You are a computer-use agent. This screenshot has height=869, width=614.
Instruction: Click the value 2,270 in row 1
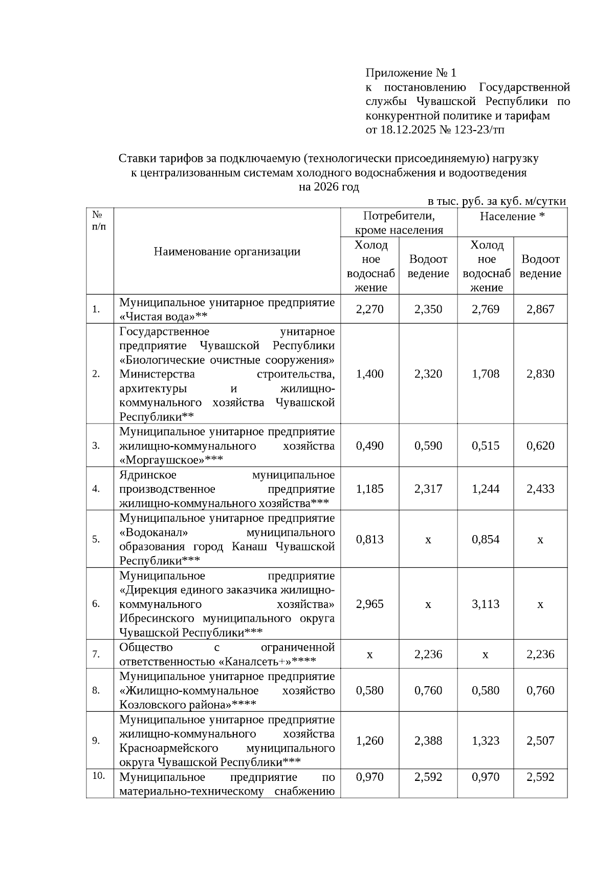(x=369, y=309)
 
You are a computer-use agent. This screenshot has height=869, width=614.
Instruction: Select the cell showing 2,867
(x=540, y=309)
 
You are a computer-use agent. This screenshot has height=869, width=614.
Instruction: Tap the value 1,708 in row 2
(x=486, y=373)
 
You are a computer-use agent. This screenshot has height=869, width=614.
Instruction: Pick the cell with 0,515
(x=486, y=445)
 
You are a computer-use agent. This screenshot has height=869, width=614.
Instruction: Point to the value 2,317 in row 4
(x=428, y=488)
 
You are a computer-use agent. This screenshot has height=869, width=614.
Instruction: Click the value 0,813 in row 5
(x=369, y=539)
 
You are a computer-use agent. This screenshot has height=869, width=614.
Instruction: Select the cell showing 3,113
(x=486, y=603)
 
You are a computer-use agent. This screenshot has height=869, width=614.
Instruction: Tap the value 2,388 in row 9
(x=428, y=740)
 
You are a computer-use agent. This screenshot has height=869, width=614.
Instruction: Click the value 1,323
(x=486, y=740)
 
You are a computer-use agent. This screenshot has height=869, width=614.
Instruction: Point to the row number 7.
(x=96, y=654)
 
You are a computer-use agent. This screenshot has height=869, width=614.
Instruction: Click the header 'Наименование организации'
(x=227, y=251)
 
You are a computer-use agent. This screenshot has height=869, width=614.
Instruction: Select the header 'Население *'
(x=512, y=216)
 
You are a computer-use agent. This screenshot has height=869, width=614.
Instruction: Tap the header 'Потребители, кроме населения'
(x=399, y=223)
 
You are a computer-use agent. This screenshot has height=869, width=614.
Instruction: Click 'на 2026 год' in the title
(x=329, y=187)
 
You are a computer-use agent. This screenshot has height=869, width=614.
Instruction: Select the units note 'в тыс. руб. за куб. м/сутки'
(x=496, y=201)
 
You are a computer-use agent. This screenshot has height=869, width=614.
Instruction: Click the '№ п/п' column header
(x=99, y=221)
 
